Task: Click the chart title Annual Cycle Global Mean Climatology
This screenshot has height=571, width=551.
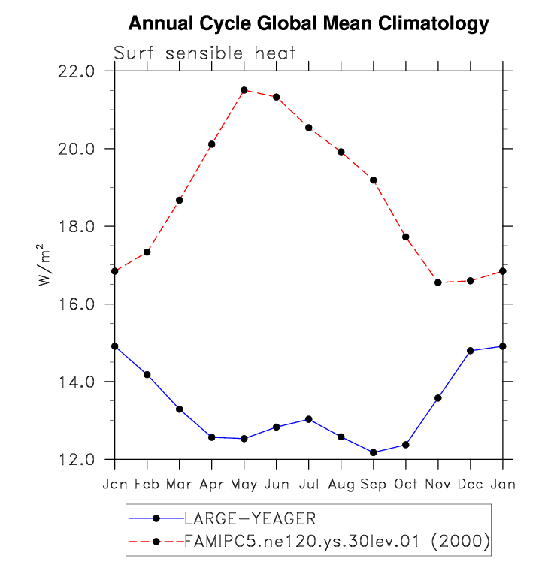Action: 308,24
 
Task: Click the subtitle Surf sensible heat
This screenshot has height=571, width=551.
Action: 204,53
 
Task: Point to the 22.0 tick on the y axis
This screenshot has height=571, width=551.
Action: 77,71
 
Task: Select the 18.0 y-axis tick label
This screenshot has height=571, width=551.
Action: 77,227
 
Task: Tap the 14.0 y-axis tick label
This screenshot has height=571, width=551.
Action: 77,382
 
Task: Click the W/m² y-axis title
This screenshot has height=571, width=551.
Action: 44,265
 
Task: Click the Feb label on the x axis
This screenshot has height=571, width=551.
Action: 147,485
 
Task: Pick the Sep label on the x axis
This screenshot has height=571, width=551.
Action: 373,485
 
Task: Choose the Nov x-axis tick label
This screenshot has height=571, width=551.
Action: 437,485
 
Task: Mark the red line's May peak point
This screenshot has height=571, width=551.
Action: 244,90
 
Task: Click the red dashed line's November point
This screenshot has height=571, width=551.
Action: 437,282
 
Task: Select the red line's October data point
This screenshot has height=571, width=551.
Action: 405,237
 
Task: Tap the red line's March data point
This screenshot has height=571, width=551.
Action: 179,200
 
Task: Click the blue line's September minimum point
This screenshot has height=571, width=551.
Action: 373,452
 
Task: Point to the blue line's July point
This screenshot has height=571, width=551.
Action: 308,419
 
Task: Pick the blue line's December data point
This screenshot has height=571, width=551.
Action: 470,351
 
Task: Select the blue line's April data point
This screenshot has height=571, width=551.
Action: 211,437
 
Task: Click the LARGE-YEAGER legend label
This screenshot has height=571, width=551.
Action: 250,518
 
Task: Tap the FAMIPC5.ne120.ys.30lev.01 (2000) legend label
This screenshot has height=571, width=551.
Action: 337,541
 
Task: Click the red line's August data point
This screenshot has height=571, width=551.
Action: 341,152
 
